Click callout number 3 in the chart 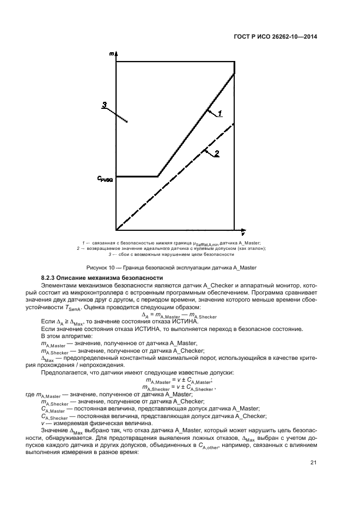tap(105, 105)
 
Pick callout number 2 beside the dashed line tap(217, 154)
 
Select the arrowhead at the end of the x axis tap(241, 230)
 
